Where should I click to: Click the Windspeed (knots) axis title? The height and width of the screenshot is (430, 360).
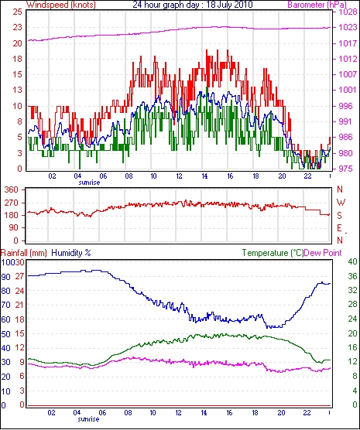coord(61,5)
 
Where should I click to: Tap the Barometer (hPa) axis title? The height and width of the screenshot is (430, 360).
coord(317,5)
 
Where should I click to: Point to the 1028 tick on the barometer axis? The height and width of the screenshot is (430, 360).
coord(348,12)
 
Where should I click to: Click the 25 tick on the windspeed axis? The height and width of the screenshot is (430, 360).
coord(17,12)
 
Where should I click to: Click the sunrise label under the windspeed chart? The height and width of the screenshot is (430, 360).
coord(89,183)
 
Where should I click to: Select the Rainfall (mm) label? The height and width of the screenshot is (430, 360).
coord(24,253)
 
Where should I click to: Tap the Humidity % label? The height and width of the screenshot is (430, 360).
coord(71,253)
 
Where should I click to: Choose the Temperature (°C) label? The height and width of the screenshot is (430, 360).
coord(273,253)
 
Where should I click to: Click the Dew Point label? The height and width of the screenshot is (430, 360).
coord(323,253)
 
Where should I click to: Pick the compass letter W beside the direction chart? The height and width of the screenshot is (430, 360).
coord(341,203)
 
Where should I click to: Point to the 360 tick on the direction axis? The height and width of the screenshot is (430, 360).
coord(12,189)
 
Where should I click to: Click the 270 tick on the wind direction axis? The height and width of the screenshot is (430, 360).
coord(12,203)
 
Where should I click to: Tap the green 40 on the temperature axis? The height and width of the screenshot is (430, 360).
coord(352,261)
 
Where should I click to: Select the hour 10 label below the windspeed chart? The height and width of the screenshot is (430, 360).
coord(153,176)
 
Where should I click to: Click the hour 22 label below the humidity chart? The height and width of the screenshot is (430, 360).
coord(307,412)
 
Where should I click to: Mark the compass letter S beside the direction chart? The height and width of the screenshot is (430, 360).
coord(340,216)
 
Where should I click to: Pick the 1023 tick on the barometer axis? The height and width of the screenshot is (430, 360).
coord(348,27)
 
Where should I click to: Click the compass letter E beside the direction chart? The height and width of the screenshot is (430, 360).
coord(340,228)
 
